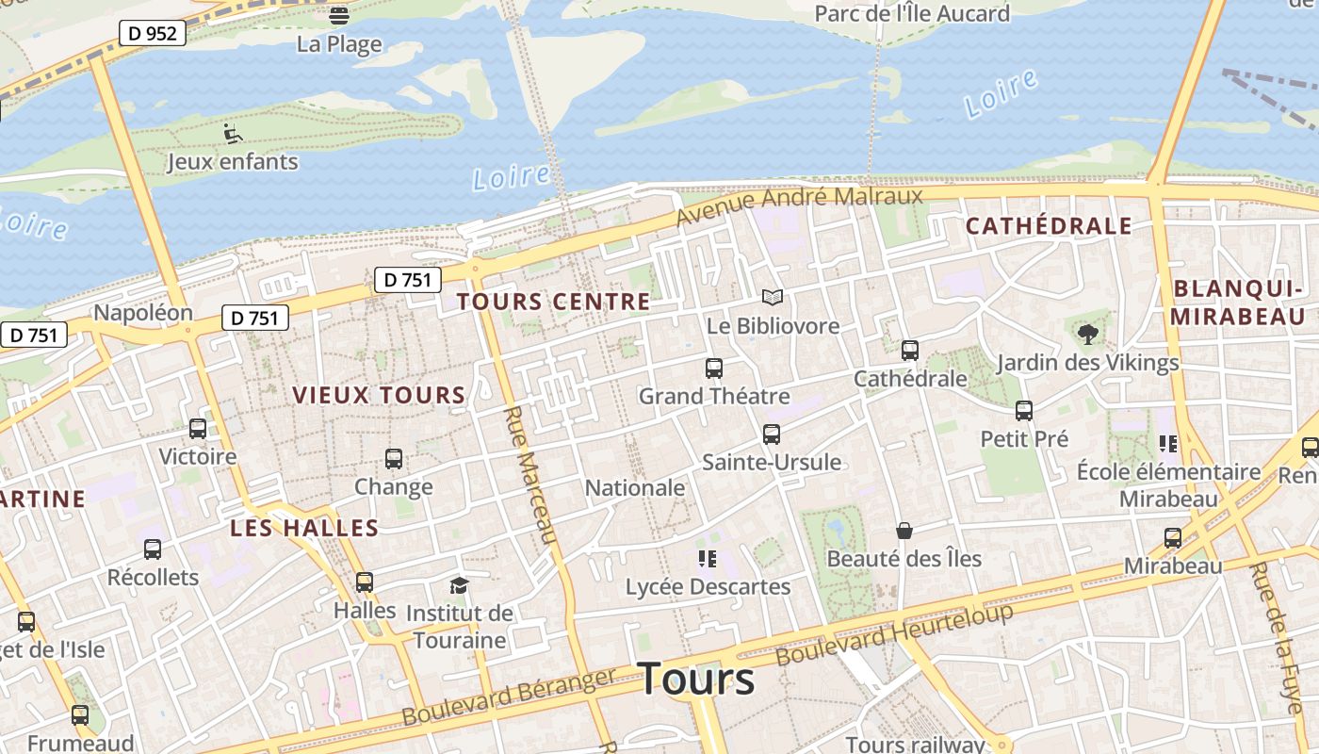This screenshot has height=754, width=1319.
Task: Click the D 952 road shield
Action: [152, 34]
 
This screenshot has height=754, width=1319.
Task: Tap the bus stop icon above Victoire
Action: [198, 429]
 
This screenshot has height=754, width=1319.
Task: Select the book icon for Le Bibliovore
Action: [773, 298]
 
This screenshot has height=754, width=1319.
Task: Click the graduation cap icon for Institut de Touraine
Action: [459, 586]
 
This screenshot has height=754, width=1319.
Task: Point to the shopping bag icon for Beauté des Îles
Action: [904, 532]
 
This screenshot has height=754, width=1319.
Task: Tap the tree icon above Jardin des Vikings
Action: [1087, 333]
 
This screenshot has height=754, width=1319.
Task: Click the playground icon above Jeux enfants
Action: [233, 134]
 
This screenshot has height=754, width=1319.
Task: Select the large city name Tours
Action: [697, 680]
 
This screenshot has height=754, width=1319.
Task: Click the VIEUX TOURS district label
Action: [379, 395]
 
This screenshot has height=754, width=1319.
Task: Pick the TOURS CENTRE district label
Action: [553, 302]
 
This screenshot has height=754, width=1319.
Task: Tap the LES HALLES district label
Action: [304, 529]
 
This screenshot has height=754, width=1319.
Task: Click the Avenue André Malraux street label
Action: [800, 205]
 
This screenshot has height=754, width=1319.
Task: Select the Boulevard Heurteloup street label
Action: [894, 634]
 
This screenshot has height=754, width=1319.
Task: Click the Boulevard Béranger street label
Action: [509, 697]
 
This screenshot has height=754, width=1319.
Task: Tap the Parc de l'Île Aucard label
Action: [911, 13]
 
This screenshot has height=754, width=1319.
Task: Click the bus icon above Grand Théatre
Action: [714, 369]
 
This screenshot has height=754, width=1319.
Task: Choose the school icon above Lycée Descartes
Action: [708, 559]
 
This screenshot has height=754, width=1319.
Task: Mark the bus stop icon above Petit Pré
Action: [1024, 411]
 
